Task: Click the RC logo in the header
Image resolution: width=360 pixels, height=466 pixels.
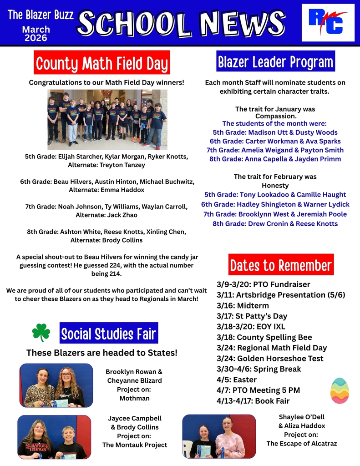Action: (328, 22)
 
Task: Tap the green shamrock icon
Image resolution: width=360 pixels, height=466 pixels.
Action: (41, 333)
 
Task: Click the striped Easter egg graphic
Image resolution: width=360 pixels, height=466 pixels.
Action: (340, 390)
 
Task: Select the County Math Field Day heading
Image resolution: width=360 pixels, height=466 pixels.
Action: (102, 63)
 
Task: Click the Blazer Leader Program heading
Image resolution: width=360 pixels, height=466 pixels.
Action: (275, 62)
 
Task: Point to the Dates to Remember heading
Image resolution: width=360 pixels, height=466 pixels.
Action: (281, 265)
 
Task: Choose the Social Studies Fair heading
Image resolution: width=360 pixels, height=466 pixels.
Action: (109, 334)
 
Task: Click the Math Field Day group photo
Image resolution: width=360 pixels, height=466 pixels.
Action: (107, 119)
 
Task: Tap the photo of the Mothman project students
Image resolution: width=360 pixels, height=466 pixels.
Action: (56, 385)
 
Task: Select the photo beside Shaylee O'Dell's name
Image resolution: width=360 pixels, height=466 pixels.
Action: (219, 436)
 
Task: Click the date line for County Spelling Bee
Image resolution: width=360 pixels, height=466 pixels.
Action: (264, 337)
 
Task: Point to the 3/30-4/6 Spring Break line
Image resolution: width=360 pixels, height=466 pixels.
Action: (259, 369)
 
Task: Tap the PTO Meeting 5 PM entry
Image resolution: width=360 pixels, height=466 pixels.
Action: (258, 390)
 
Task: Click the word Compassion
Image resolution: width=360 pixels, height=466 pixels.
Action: (275, 116)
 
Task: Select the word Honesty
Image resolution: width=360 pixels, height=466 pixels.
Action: (275, 186)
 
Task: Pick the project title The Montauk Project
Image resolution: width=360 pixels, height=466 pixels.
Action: (134, 445)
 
